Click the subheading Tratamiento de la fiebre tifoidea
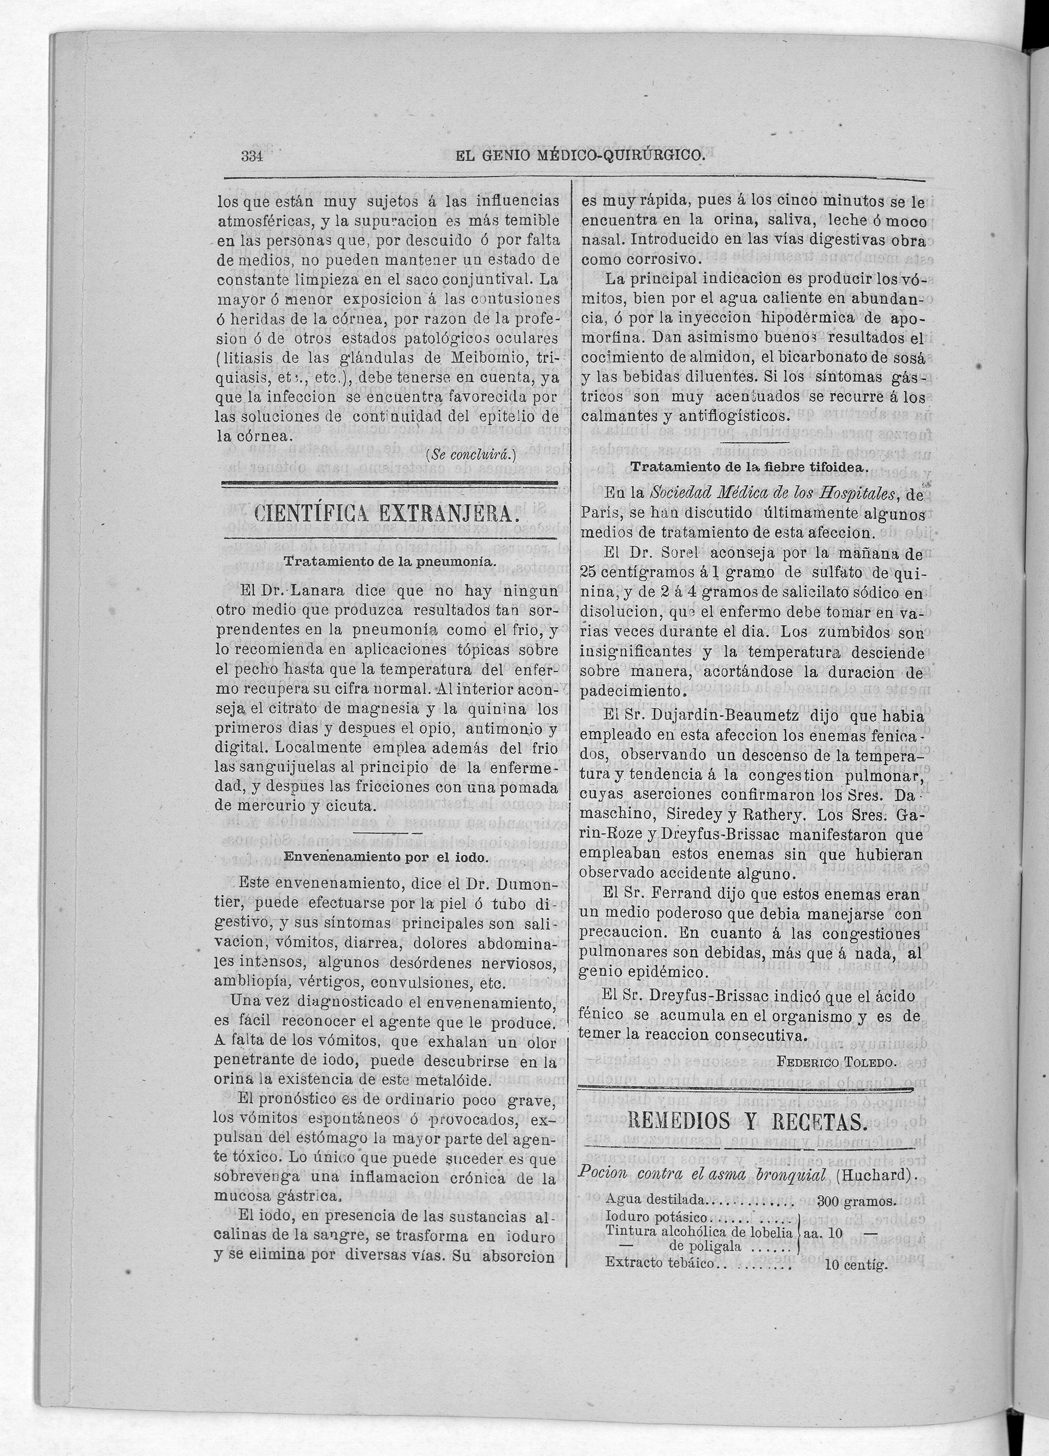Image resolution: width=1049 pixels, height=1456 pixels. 750,468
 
